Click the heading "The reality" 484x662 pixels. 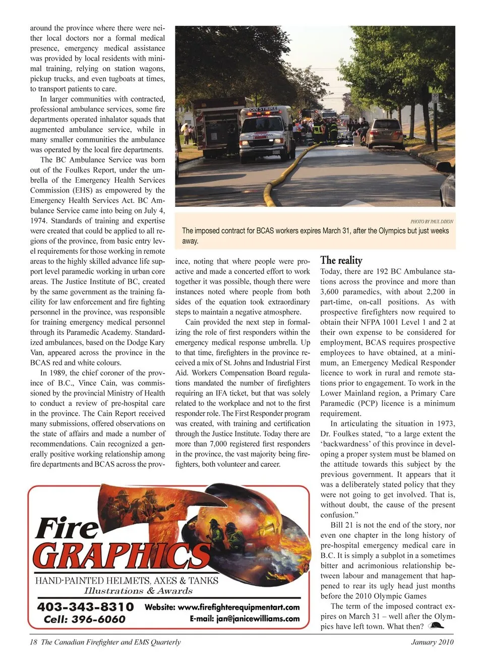tap(341, 260)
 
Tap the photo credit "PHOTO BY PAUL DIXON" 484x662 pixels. tap(432, 221)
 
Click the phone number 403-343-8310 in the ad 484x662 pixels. tap(85, 606)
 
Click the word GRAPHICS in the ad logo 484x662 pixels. tap(121, 557)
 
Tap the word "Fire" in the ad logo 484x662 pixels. tap(67, 528)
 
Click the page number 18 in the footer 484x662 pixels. tap(34, 642)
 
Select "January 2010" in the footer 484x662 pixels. tap(432, 642)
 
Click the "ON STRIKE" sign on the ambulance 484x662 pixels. tap(264, 108)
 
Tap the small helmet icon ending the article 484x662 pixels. tap(437, 626)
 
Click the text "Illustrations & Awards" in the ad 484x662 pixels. tap(138, 591)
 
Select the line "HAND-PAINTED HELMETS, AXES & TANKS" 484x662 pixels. tap(127, 580)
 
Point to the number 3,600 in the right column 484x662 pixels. tap(331, 292)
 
